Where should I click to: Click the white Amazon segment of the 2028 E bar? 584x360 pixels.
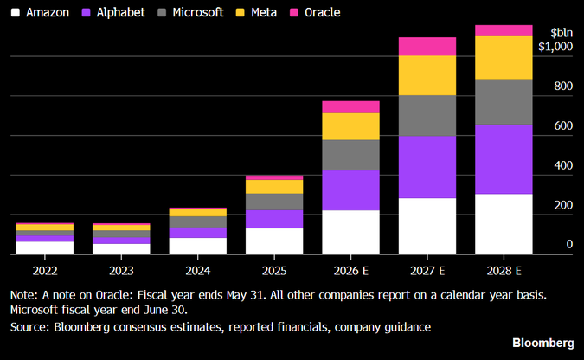(504, 224)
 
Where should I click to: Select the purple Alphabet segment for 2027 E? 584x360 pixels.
(427, 167)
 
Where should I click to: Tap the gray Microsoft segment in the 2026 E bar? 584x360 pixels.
(351, 155)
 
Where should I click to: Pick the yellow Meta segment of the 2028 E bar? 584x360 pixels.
(504, 58)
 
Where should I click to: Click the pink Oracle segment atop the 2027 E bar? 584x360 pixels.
(427, 47)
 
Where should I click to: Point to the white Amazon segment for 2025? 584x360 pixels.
(274, 241)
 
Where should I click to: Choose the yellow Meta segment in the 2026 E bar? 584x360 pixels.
(351, 126)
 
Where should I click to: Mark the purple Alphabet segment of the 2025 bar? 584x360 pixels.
(274, 219)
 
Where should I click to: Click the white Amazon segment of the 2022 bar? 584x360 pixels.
(45, 247)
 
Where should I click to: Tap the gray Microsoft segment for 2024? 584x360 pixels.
(198, 222)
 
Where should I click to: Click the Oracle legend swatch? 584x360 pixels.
(294, 13)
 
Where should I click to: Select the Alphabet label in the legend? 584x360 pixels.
(120, 12)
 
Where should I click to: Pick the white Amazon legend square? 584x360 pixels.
(16, 13)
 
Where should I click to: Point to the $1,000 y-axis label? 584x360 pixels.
(555, 46)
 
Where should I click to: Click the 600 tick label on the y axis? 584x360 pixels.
(563, 125)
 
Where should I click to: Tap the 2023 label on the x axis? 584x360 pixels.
(121, 271)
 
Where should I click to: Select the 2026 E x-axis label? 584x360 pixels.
(351, 271)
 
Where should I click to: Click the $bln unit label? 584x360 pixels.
(562, 33)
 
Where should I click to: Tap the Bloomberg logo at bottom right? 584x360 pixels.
(543, 343)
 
